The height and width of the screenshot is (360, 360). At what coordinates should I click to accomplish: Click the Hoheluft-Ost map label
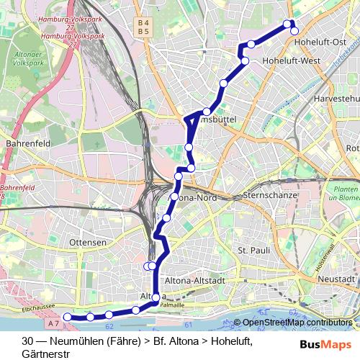325,42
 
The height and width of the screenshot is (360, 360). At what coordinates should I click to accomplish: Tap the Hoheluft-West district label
292,61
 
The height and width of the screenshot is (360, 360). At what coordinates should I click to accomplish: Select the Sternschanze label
266,195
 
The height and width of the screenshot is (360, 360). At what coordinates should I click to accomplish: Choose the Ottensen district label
87,243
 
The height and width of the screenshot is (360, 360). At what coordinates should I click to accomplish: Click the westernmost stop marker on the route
68,317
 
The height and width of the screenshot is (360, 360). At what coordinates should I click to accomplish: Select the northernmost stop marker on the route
288,24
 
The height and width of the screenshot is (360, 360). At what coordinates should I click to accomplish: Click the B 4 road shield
143,23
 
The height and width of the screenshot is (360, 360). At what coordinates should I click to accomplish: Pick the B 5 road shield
143,32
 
